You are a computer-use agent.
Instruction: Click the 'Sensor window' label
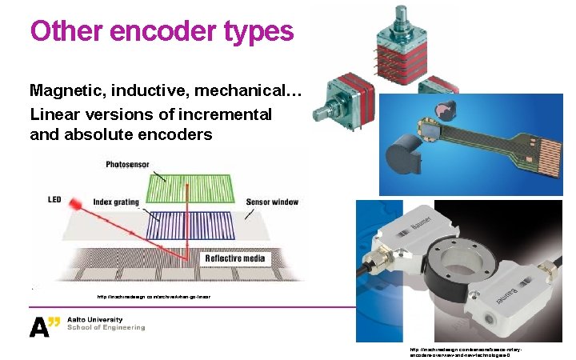pyautogui.click(x=272, y=202)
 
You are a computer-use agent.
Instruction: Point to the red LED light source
pyautogui.click(x=81, y=206)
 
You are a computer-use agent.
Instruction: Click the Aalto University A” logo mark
pyautogui.click(x=45, y=326)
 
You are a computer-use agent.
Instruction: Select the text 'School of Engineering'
pyautogui.click(x=106, y=328)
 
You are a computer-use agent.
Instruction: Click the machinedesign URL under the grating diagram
pyautogui.click(x=152, y=297)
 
